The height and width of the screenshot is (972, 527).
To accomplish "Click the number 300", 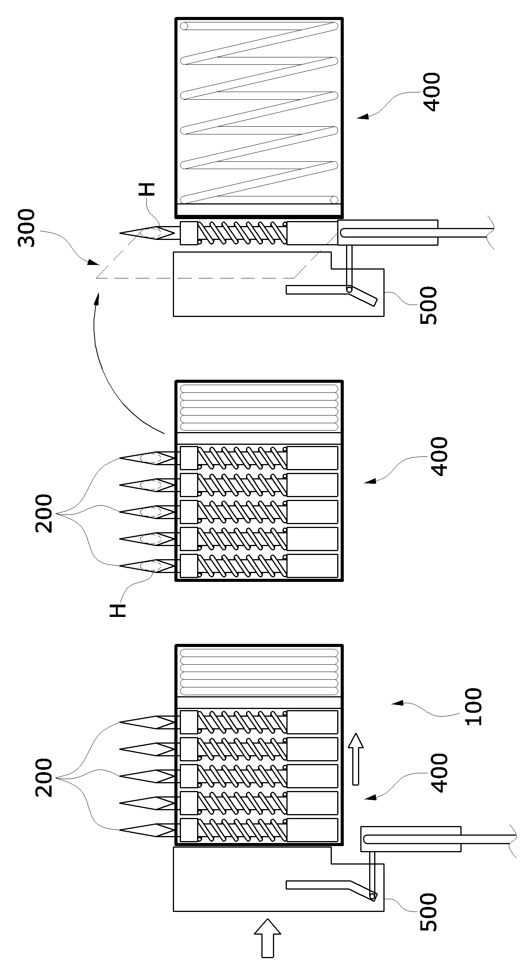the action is tap(27, 228).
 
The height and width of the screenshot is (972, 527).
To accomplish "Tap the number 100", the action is tap(473, 707).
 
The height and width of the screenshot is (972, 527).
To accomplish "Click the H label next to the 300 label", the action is tap(148, 189).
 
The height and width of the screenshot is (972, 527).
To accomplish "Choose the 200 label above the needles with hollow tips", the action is tap(44, 514).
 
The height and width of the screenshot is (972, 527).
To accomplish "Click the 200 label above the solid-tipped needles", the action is tap(44, 778).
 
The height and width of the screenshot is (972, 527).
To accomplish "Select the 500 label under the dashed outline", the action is tap(429, 306).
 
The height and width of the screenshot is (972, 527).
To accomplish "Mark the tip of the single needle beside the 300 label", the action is tap(120, 233).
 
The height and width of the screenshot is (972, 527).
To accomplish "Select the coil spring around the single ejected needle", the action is tap(242, 233).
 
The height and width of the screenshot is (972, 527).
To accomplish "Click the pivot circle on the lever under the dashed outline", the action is tap(349, 289).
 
